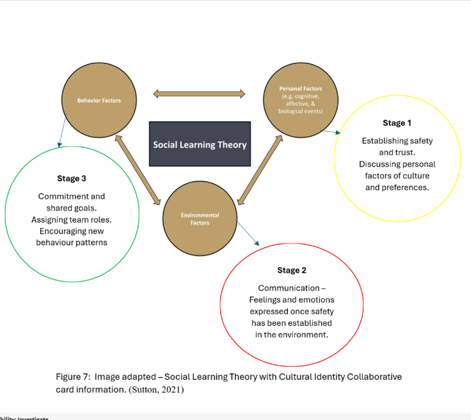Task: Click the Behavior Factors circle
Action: click(x=99, y=100)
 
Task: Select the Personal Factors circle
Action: click(x=301, y=100)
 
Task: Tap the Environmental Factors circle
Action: click(x=199, y=218)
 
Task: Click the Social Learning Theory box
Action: click(x=200, y=144)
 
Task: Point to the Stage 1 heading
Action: click(x=397, y=123)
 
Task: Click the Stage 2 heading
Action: click(x=292, y=271)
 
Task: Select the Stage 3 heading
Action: click(x=71, y=179)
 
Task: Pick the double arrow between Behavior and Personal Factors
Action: click(x=199, y=93)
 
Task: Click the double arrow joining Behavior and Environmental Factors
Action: click(x=138, y=169)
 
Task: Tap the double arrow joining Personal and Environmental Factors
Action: click(x=260, y=169)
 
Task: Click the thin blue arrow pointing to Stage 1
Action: click(x=331, y=131)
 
